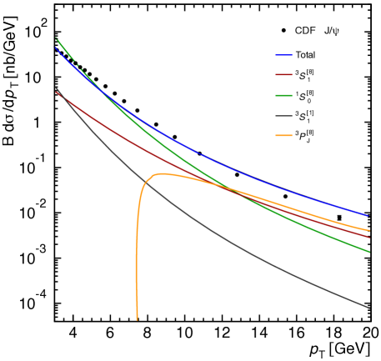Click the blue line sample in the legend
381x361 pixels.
[x=283, y=55]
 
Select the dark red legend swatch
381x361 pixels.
[x=283, y=75]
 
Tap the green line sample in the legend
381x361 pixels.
[x=283, y=95]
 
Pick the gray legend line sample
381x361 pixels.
[x=283, y=115]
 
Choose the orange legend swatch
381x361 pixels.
[x=283, y=135]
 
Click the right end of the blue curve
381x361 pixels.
[x=368, y=215]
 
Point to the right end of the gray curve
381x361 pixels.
[x=368, y=308]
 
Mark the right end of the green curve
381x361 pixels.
[x=368, y=251]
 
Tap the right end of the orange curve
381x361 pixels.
[x=368, y=230]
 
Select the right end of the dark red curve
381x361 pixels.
[x=368, y=238]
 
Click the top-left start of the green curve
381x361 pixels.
[x=56, y=38]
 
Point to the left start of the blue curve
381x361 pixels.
[x=56, y=48]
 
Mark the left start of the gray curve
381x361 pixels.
[x=56, y=88]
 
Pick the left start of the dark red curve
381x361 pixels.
[x=56, y=92]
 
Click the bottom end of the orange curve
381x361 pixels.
[x=137, y=318]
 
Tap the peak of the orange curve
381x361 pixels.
[x=160, y=173]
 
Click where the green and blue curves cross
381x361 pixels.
[x=93, y=82]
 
